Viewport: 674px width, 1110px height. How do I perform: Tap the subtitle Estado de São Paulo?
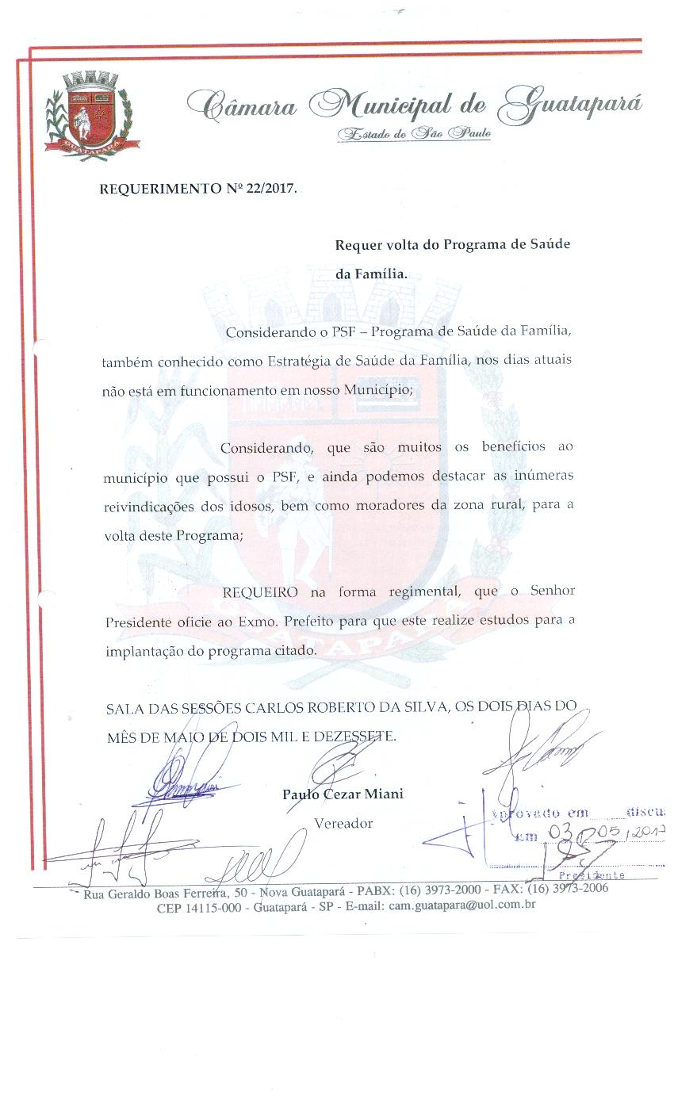(413, 133)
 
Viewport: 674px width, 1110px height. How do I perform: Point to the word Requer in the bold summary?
(358, 244)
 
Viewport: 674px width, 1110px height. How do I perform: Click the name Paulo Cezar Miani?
(343, 794)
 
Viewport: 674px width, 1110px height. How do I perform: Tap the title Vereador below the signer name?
(343, 823)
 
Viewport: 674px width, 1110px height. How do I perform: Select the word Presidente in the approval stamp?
(592, 875)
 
